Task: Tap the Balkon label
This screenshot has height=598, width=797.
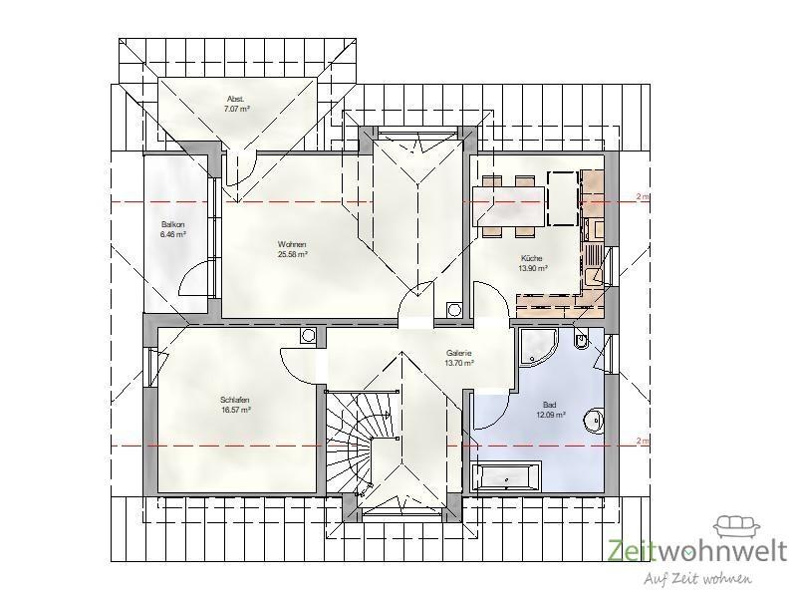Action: click(x=172, y=224)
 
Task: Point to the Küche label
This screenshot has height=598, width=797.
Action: click(x=532, y=258)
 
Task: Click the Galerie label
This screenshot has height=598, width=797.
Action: click(x=459, y=353)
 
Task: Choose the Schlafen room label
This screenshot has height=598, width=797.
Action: click(x=235, y=400)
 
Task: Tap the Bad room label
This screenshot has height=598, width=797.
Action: click(x=550, y=405)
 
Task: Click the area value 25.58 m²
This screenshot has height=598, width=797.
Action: click(x=292, y=254)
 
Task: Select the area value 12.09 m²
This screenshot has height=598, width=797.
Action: click(x=551, y=415)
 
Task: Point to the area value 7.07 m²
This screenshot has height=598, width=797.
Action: click(x=237, y=109)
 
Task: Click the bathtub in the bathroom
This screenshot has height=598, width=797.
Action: click(x=505, y=478)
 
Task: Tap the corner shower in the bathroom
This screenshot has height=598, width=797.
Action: click(x=538, y=347)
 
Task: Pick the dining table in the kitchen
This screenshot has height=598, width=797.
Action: click(x=509, y=206)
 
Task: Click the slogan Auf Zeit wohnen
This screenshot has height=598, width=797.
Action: click(x=698, y=578)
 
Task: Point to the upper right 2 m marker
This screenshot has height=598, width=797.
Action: click(x=642, y=196)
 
